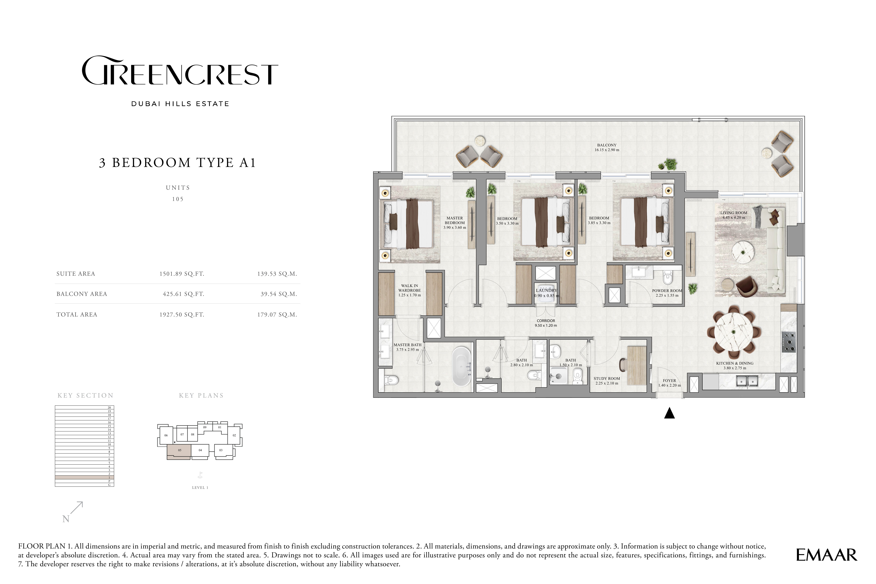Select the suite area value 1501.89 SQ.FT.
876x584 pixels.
coord(182,274)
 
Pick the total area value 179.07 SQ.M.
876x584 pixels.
coord(277,315)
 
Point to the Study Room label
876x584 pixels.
coord(607,378)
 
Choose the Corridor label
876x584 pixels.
coord(546,321)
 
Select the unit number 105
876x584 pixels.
coord(178,199)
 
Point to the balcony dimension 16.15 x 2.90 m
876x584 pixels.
coord(607,150)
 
